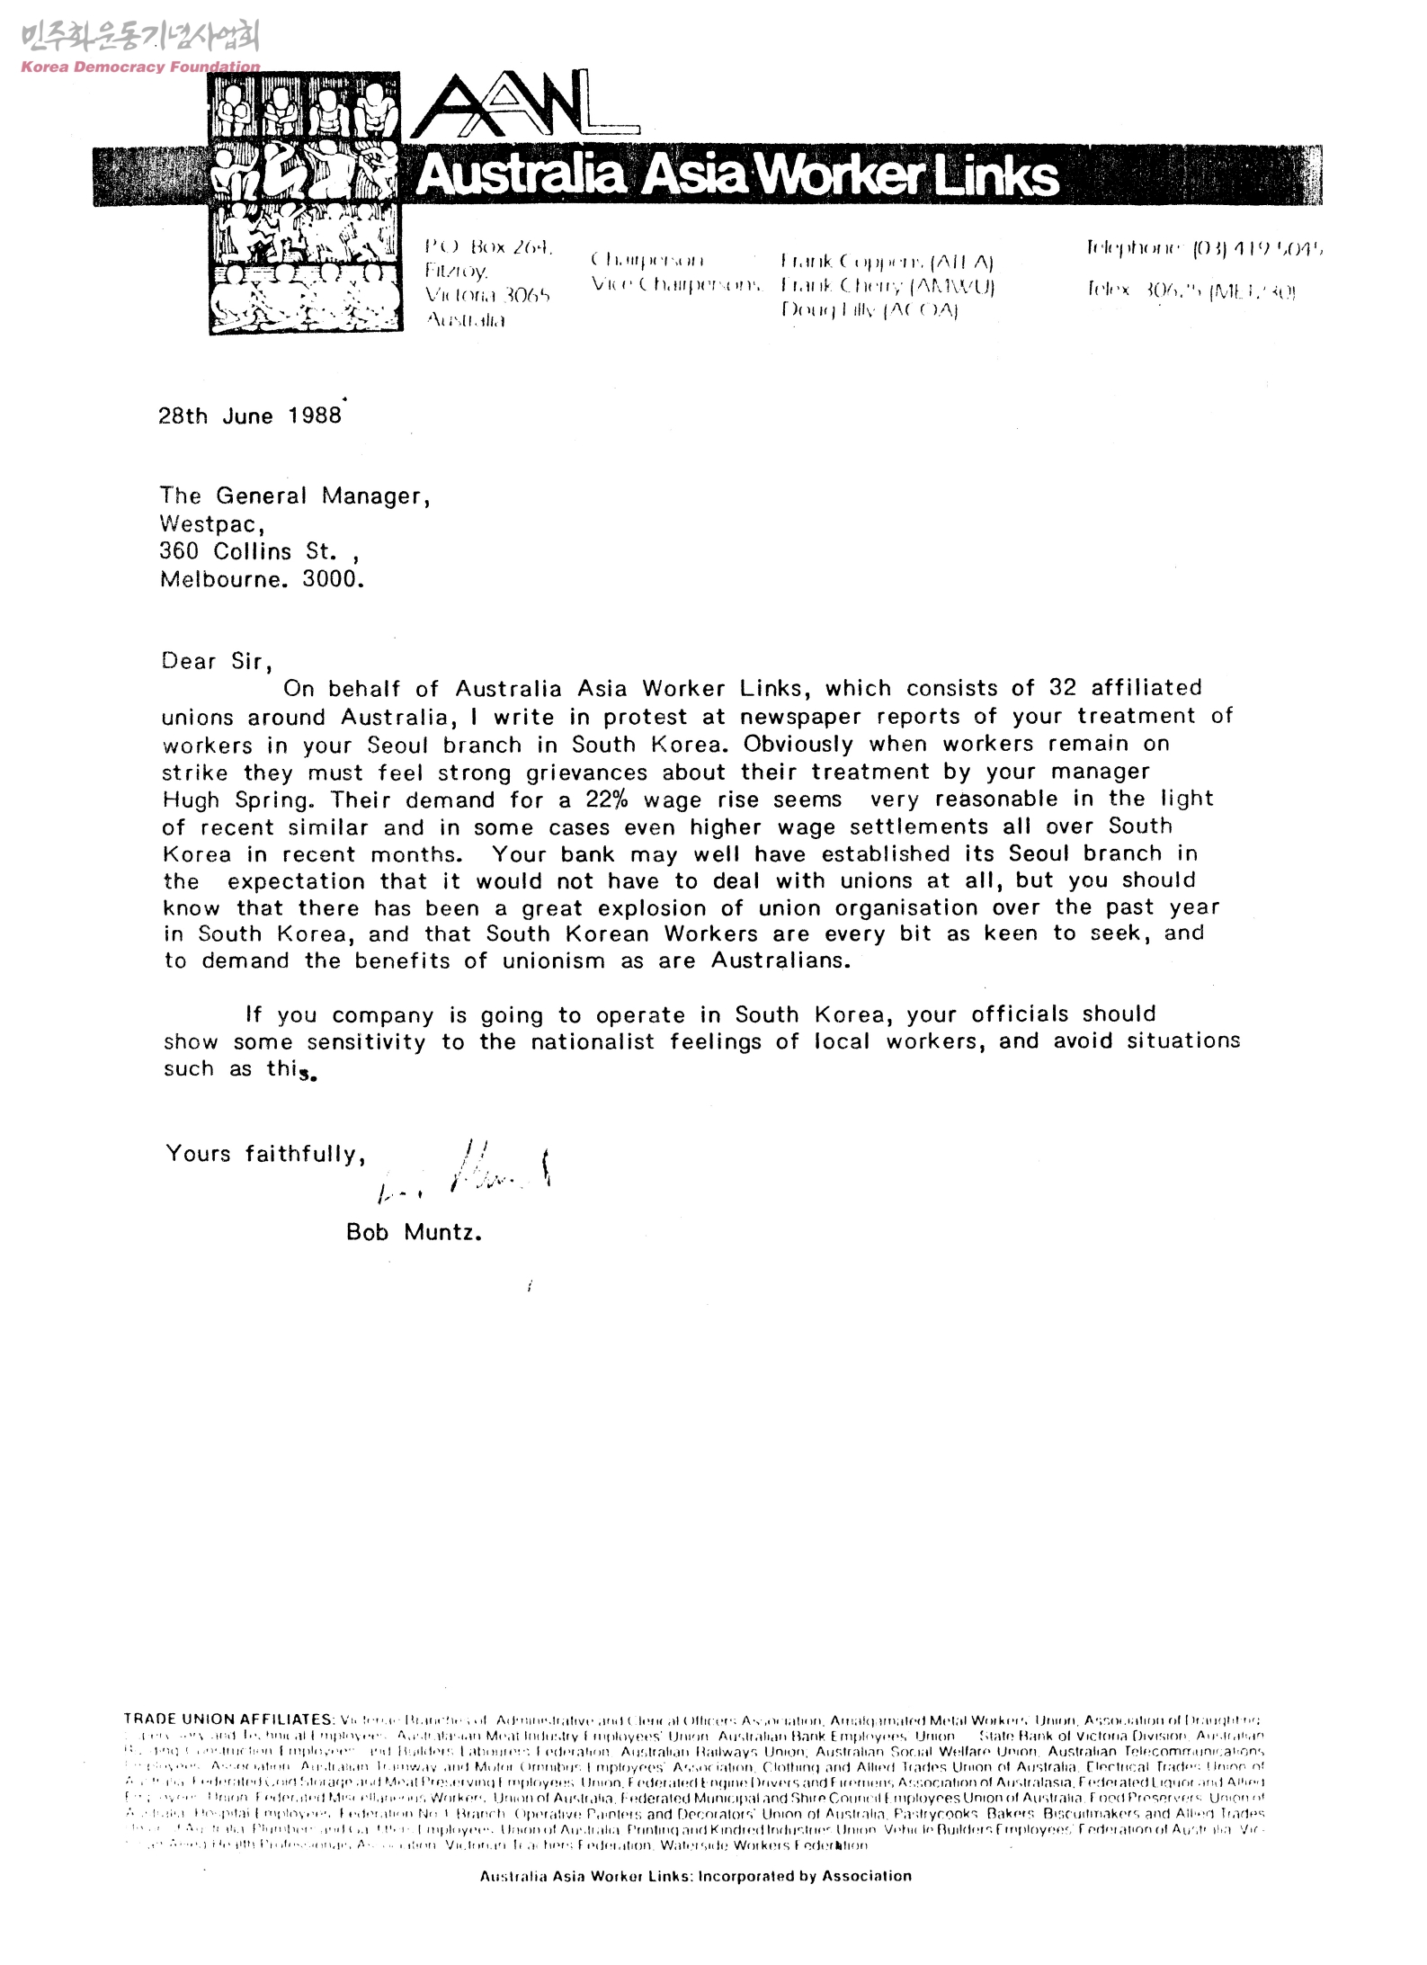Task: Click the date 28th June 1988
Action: (250, 415)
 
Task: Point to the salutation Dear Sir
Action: (212, 662)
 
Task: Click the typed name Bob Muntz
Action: (414, 1232)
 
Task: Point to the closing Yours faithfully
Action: (265, 1154)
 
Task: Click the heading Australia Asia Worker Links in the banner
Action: (737, 176)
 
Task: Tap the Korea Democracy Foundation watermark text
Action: (140, 67)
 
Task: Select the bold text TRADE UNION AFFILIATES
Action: (228, 1719)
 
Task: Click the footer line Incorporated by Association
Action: (695, 1876)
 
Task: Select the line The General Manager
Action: (295, 496)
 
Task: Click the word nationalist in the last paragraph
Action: (593, 1042)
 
